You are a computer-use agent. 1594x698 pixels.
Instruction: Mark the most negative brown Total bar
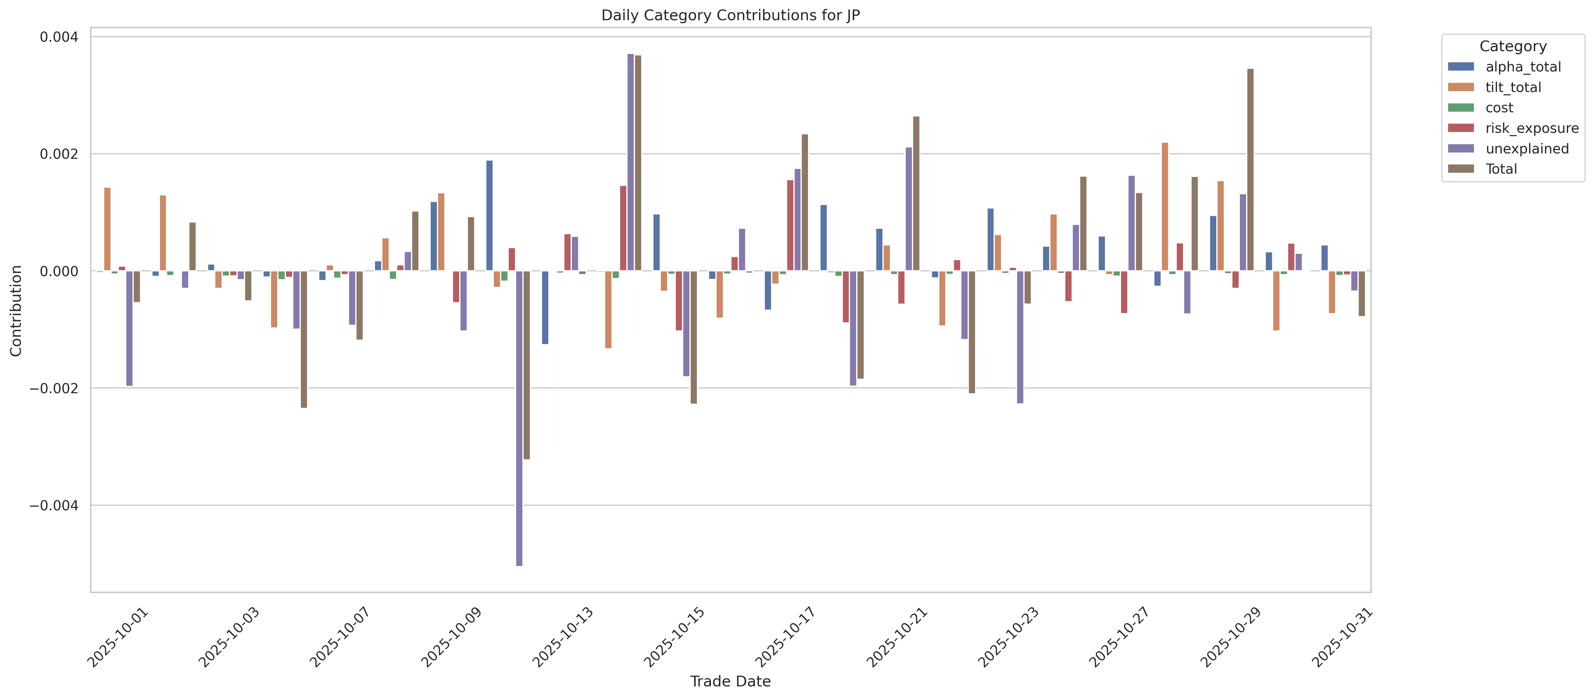(527, 365)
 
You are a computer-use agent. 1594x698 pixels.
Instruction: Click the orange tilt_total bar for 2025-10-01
(107, 229)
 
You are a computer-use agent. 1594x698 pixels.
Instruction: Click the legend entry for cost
(1499, 108)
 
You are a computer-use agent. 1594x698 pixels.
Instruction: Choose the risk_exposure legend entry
(1531, 128)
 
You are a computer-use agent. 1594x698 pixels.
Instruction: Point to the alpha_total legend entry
(1523, 67)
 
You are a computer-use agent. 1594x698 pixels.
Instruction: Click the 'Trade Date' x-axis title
(730, 681)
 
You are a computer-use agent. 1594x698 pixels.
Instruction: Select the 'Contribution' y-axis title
(16, 311)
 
